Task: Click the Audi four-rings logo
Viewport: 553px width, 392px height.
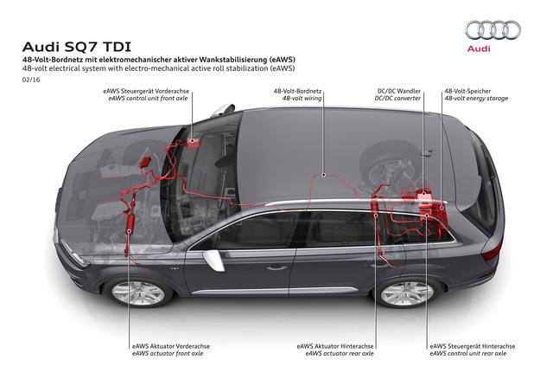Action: [493, 30]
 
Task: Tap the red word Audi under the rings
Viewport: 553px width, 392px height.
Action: [479, 48]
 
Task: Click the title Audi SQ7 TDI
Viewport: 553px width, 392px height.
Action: [77, 47]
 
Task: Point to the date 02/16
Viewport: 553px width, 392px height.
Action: [31, 80]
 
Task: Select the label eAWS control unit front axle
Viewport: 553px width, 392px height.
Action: [148, 99]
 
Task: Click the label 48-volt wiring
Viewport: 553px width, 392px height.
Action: [302, 99]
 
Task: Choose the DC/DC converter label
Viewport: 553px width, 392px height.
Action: [397, 99]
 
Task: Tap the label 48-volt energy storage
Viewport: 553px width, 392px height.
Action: [476, 99]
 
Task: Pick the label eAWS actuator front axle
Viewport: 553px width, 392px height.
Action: [168, 353]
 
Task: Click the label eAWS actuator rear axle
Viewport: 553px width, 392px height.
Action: [340, 353]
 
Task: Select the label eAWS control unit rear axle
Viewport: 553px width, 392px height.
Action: [468, 353]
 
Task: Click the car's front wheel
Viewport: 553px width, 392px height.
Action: [138, 292]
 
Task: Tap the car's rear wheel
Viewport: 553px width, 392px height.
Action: [407, 293]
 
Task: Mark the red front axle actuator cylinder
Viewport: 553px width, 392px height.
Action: [130, 225]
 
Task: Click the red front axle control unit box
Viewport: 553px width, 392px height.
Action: [192, 144]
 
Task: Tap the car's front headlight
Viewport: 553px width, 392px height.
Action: [73, 253]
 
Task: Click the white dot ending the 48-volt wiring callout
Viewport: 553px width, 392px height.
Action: [323, 175]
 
